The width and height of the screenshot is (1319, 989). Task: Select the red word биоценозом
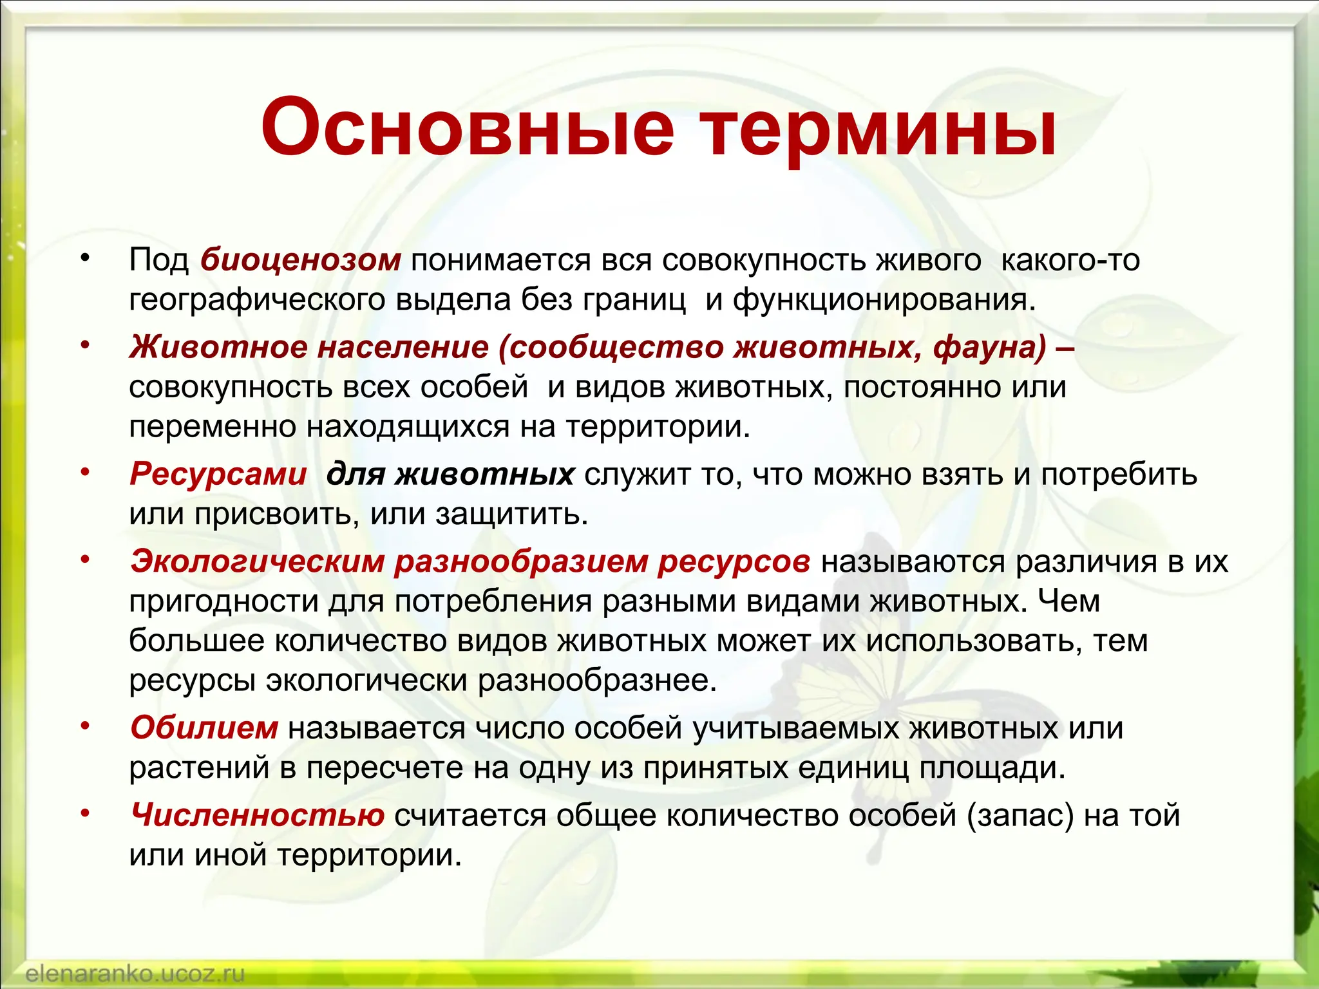point(301,261)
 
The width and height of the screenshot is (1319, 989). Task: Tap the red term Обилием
point(204,728)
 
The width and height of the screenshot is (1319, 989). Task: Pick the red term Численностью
point(258,816)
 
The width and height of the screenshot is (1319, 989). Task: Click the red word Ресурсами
point(218,475)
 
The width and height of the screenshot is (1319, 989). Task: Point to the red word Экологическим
point(258,561)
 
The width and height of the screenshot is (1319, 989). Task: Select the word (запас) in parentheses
point(1020,816)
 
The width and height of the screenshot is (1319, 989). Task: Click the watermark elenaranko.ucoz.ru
point(135,973)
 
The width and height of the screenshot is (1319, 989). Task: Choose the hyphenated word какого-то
point(1070,261)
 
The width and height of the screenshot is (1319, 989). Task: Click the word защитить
point(511,514)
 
